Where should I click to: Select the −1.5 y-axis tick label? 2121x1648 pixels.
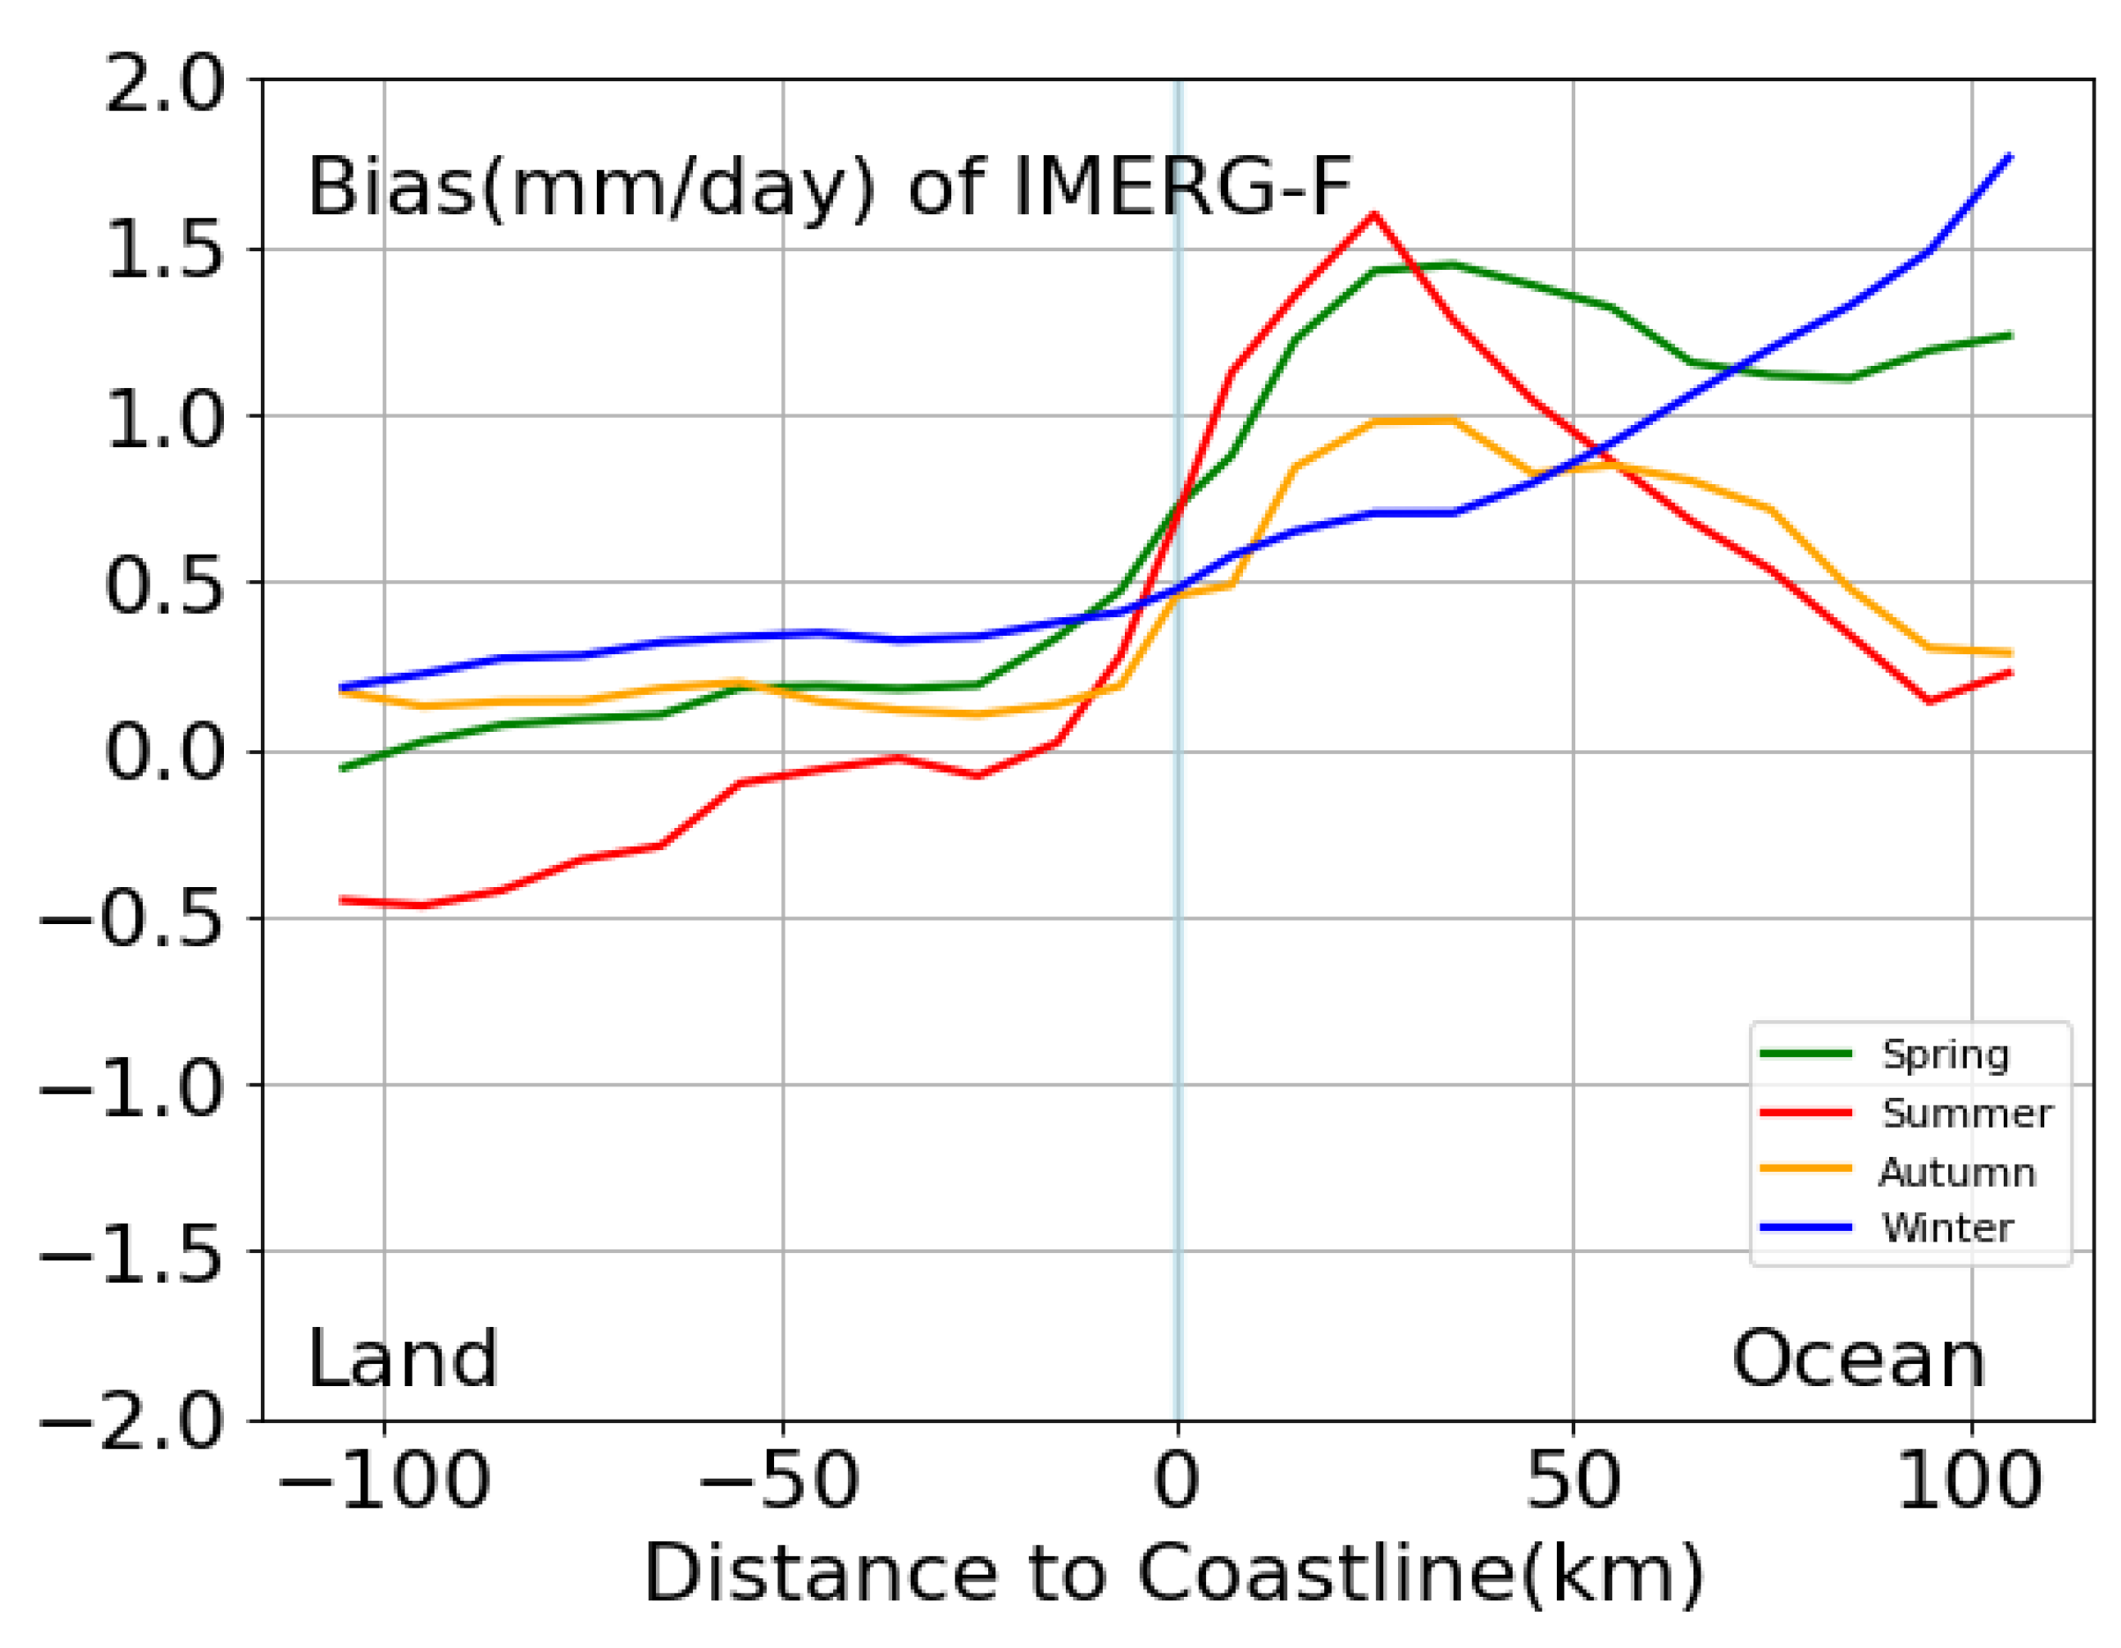coord(132,1253)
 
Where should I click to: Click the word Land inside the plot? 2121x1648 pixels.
coord(402,1360)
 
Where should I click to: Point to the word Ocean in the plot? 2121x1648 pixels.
coord(1857,1360)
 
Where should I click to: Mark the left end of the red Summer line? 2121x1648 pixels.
coord(341,900)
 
